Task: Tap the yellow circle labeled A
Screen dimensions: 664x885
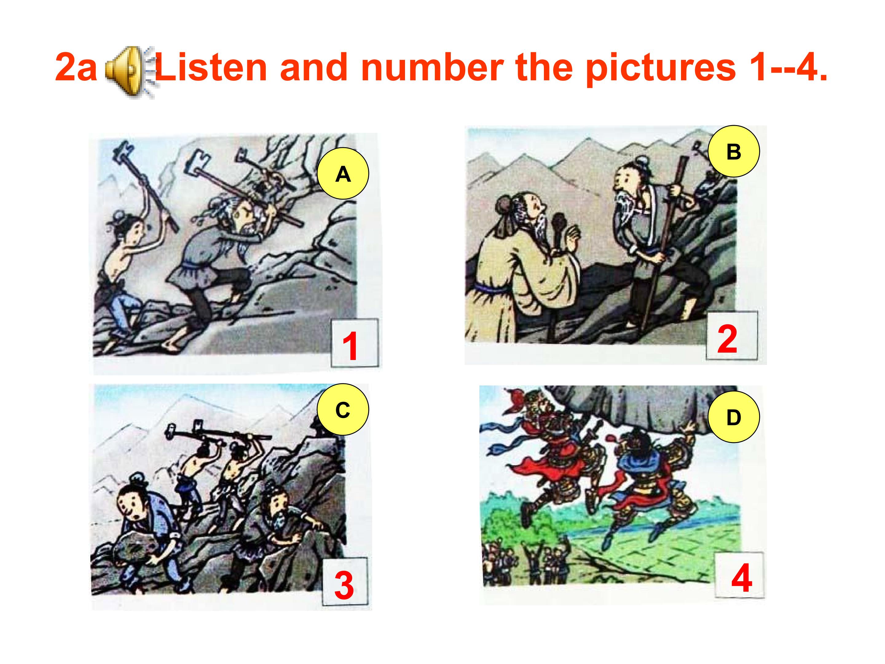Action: point(343,174)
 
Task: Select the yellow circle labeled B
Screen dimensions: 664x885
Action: point(734,151)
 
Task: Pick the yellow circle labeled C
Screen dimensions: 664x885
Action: point(343,409)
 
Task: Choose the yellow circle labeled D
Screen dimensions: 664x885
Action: point(734,417)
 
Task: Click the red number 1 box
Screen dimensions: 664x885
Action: point(355,343)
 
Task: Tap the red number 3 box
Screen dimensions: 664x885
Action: point(344,582)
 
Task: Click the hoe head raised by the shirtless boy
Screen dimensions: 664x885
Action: point(122,151)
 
